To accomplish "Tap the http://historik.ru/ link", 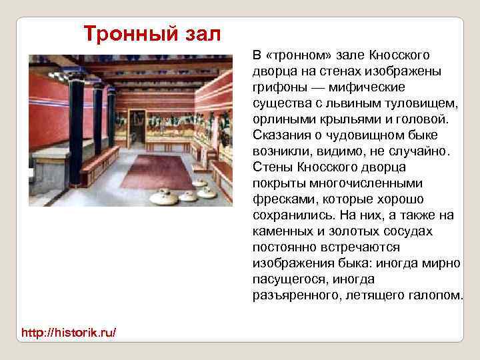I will (69, 331).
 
